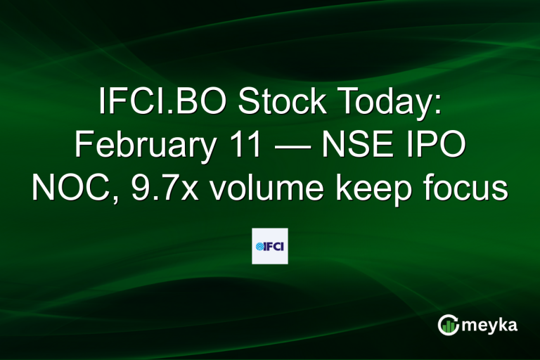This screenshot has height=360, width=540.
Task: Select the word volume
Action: [254, 188]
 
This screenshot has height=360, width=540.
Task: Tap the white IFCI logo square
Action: [270, 245]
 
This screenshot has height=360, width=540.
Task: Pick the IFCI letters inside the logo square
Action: [275, 246]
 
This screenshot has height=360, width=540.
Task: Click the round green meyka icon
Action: [448, 325]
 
